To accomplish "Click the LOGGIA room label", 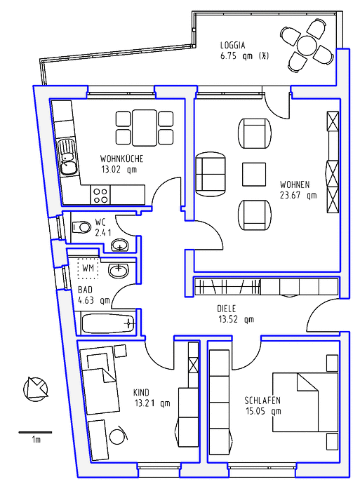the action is pos(232,46).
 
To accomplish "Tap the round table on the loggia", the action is pos(307,46).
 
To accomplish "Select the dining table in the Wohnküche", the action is pos(144,128).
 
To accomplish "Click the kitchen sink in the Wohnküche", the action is pos(68,157).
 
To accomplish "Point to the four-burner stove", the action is pos(100,195).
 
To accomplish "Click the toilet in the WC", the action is pos(81,227).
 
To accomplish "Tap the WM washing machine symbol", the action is pos(88,269).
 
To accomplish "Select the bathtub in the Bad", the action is pos(108,323).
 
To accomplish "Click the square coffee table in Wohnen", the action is pos(254,174).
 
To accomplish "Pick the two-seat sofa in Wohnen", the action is pos(211,174).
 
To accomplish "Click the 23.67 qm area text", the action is pos(298,196).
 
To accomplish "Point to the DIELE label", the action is pos(226,309).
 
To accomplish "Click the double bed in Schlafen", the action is pos(305,402).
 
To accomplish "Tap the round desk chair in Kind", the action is pos(119,435).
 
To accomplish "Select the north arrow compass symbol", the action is pos(35,389).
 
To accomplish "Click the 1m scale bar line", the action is pos(35,433).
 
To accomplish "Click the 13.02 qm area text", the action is pos(119,170).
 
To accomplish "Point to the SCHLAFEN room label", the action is pos(262,401).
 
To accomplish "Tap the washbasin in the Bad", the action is pos(119,270).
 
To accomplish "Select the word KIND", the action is pos(141,393).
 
